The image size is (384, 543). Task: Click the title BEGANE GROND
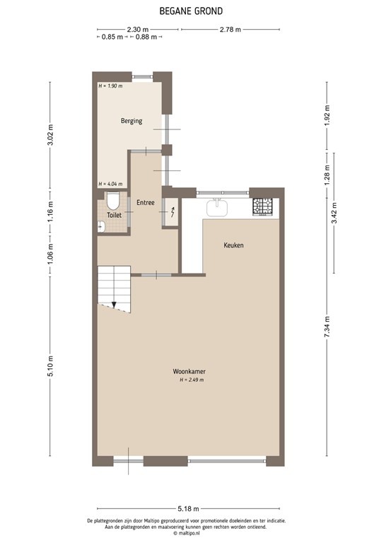192,11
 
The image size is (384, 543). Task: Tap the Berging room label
131,121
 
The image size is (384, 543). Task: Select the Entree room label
146,203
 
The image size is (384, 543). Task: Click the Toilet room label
114,215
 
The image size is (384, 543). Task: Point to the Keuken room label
233,245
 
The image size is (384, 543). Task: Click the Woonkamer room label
190,372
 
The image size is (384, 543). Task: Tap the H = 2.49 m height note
191,380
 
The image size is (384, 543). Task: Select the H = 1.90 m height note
111,86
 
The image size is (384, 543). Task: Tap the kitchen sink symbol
217,207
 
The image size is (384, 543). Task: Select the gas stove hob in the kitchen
263,206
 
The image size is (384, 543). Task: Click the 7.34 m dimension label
327,329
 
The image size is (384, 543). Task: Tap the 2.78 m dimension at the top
231,30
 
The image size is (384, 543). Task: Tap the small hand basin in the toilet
101,226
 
